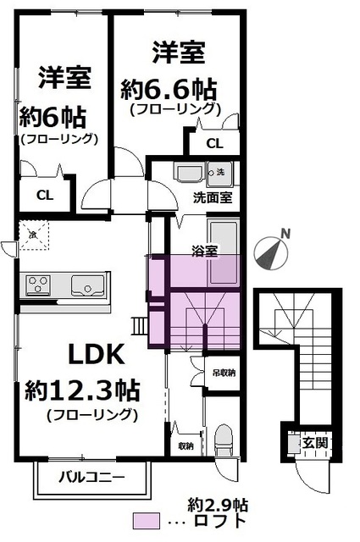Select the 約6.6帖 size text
169,87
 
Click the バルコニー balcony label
91,478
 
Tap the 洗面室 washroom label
212,197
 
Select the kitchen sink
86,285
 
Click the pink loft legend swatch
152,521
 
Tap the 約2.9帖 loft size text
219,504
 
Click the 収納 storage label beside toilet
186,445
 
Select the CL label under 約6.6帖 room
215,143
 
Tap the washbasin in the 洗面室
189,174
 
